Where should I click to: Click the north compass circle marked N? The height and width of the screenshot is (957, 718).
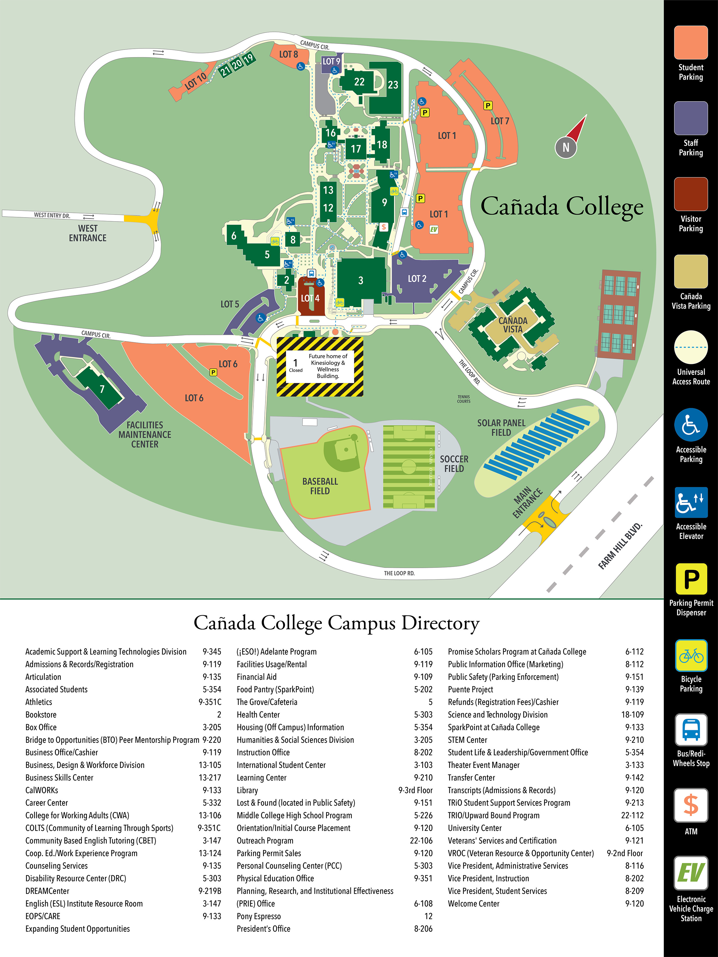(566, 148)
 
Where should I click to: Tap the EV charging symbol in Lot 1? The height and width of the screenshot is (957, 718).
(434, 229)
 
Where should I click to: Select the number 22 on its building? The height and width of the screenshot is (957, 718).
(359, 82)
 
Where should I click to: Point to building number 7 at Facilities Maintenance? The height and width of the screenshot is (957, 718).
(102, 389)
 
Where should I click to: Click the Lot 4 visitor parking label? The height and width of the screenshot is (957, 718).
(310, 298)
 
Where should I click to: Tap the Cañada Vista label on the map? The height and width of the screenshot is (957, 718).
(513, 325)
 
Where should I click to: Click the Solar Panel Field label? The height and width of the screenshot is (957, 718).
(501, 427)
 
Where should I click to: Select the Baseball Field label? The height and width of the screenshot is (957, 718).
(320, 486)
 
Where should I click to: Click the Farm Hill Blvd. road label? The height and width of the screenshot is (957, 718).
(620, 546)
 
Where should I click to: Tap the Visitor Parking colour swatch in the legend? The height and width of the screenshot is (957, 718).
(691, 194)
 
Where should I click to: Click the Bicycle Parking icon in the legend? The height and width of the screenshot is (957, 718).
(691, 655)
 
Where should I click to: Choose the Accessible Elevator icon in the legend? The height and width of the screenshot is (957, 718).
(691, 502)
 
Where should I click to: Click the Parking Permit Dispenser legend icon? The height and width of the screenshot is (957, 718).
(691, 579)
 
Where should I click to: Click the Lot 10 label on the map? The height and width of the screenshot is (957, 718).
(196, 81)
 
